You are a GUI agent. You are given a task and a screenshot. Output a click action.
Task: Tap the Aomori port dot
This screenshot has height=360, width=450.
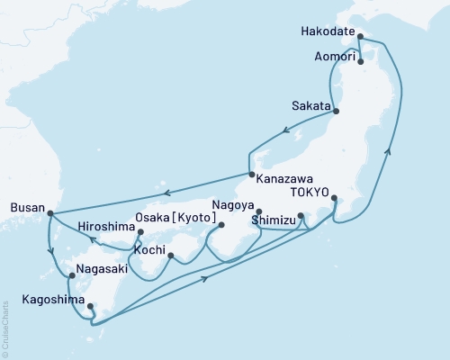click(360, 62)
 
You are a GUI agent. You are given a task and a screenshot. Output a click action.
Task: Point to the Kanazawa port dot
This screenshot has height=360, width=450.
click(251, 175)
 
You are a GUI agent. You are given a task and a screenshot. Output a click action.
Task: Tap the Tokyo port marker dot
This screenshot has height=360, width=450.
click(334, 198)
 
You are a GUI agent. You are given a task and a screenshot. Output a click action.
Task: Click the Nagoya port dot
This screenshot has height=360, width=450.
click(259, 211)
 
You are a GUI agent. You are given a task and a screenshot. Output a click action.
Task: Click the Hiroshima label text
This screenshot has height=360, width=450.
click(105, 226)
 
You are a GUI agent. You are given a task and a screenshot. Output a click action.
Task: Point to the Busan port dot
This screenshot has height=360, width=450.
click(49, 213)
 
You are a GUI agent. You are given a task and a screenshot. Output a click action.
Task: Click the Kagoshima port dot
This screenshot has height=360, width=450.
click(89, 308)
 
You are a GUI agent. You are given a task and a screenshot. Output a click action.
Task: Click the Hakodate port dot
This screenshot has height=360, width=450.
click(360, 37)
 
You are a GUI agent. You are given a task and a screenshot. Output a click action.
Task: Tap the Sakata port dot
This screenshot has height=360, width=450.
click(337, 111)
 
